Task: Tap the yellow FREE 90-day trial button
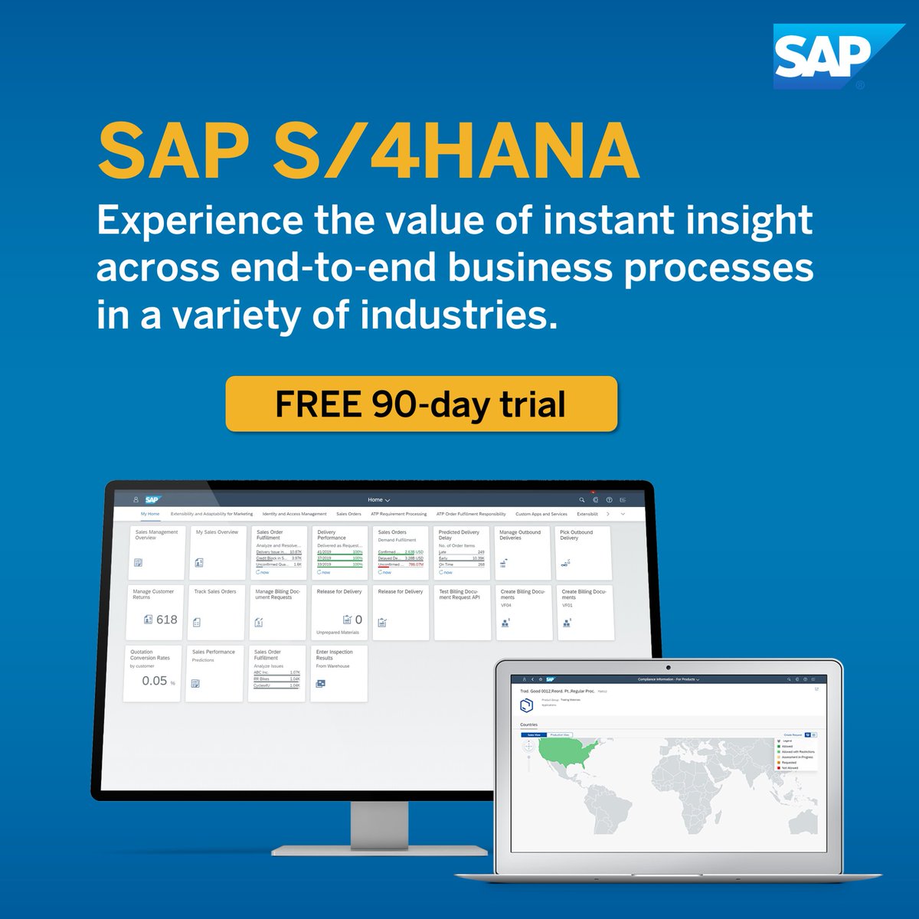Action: [x=421, y=404]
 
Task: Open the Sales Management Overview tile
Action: [x=157, y=551]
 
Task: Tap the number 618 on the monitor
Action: [x=166, y=620]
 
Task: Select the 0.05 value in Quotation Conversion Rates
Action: [x=155, y=681]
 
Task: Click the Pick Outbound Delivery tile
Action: [x=584, y=551]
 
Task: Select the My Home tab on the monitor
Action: [x=150, y=514]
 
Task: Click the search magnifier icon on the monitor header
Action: [x=581, y=499]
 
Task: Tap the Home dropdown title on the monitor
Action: [x=378, y=499]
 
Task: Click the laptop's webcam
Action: [x=669, y=668]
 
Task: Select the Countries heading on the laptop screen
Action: [x=528, y=724]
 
